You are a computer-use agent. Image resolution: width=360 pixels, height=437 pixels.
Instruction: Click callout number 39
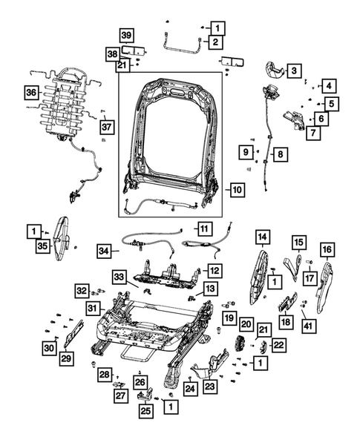click(127, 36)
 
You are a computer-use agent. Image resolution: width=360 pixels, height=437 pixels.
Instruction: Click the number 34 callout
click(106, 252)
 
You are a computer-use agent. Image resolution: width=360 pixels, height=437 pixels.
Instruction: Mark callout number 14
click(262, 237)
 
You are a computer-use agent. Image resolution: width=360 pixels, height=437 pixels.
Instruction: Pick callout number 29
click(67, 359)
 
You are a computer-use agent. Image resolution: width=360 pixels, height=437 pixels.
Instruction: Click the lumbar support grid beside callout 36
click(63, 104)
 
